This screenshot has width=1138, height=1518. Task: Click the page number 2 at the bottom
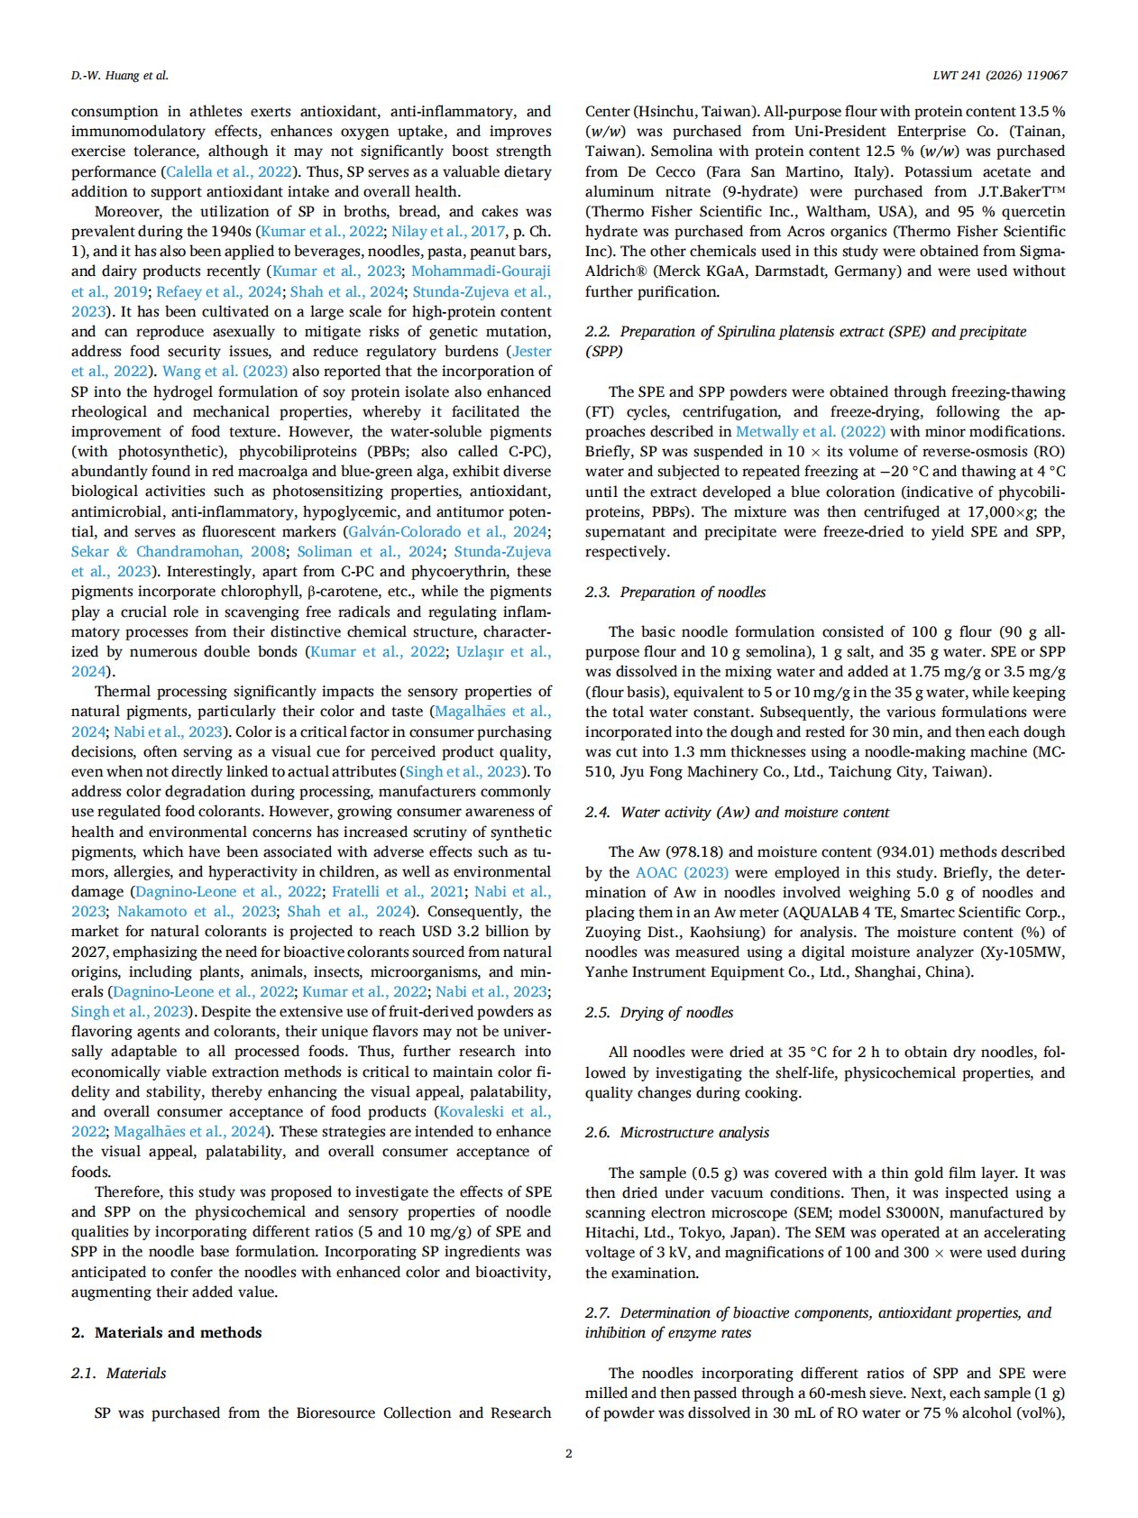tap(568, 1453)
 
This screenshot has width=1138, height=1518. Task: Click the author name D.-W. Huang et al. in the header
tap(119, 76)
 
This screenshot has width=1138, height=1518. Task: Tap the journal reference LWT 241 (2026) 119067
tap(1000, 76)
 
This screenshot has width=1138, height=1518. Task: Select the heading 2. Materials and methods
tap(167, 1332)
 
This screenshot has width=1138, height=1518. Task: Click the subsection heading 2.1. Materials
tap(119, 1373)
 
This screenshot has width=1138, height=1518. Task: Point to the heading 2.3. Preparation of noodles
tap(675, 592)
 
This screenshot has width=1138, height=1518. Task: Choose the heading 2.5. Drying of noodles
tap(659, 1012)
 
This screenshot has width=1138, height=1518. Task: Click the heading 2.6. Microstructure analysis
tap(677, 1132)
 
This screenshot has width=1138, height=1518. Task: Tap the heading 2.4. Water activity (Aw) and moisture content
tap(737, 812)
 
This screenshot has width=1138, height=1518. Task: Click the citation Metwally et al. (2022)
tap(811, 431)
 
